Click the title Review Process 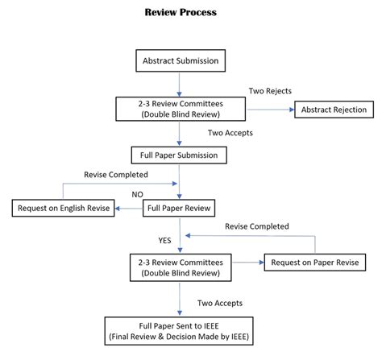pyautogui.click(x=181, y=13)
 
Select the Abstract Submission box pyautogui.click(x=180, y=60)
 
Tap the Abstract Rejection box pyautogui.click(x=334, y=110)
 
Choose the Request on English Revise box pyautogui.click(x=64, y=209)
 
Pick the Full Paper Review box pyautogui.click(x=180, y=209)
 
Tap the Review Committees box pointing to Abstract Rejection pyautogui.click(x=180, y=110)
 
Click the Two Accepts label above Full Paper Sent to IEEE pyautogui.click(x=218, y=302)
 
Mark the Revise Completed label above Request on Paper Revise pyautogui.click(x=257, y=227)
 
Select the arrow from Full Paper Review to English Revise pyautogui.click(x=128, y=209)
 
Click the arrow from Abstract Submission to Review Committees pyautogui.click(x=180, y=83)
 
